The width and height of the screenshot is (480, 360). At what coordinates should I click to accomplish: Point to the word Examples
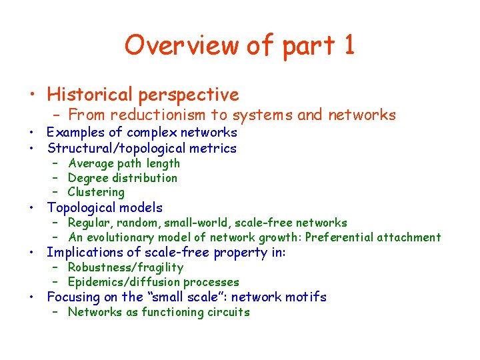[x=76, y=132]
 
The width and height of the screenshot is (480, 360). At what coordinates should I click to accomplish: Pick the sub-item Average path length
[x=124, y=163]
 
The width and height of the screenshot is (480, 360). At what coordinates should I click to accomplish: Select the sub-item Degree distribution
[x=123, y=178]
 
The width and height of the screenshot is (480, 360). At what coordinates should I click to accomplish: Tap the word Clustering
[x=96, y=192]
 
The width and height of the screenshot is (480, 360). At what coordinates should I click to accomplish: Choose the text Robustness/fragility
[x=125, y=267]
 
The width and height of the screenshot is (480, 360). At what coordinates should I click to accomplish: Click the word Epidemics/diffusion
[x=124, y=282]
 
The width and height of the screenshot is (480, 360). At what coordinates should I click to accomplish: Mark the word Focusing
[x=73, y=297]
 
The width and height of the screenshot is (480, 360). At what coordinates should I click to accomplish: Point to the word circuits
[x=227, y=312]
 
